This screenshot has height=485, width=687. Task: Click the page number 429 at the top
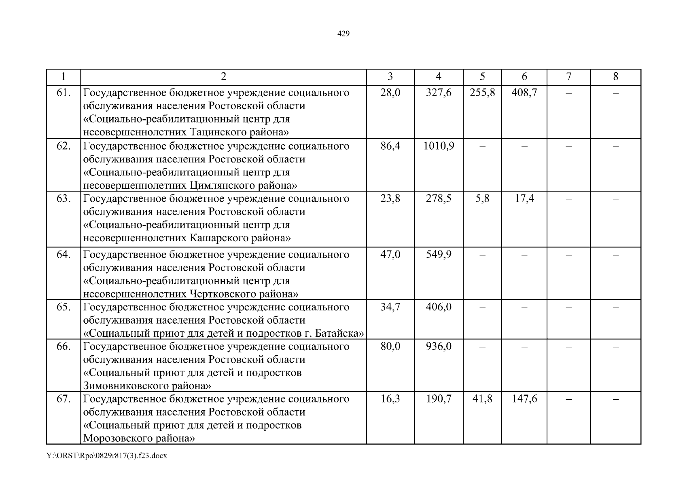click(x=343, y=34)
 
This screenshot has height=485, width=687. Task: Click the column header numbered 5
click(x=482, y=77)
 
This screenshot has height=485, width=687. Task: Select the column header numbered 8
click(x=615, y=77)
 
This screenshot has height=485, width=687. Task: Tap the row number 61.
click(x=64, y=93)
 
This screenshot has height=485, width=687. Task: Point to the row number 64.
click(x=64, y=255)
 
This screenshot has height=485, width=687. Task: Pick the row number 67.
click(x=64, y=399)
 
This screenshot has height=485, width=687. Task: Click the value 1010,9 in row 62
click(x=438, y=146)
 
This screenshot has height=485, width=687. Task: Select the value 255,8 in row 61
click(x=482, y=93)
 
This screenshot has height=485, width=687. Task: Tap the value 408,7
click(x=524, y=93)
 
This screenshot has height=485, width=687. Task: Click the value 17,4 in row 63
click(x=524, y=198)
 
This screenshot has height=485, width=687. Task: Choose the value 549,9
click(x=438, y=255)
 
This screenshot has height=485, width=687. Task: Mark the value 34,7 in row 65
click(x=390, y=307)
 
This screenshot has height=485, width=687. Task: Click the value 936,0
click(x=438, y=346)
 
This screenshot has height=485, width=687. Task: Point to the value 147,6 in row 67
click(x=524, y=399)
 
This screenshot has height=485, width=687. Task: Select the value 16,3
click(x=390, y=399)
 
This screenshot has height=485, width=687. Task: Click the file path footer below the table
click(x=107, y=456)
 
